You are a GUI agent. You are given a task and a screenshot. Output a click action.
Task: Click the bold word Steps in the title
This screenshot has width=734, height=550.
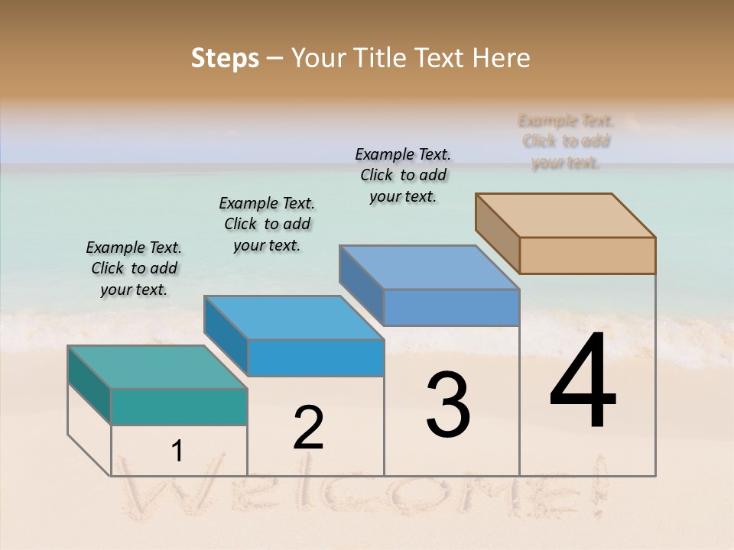coord(225,58)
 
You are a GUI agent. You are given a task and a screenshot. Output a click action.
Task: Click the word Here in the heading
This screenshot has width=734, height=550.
coord(502,58)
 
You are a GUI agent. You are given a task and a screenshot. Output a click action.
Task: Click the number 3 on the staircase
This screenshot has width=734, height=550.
coord(447,405)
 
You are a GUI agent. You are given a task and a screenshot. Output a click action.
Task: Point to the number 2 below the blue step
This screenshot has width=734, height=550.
coord(308,428)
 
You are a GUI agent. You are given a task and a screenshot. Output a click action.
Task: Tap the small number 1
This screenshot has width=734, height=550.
coord(177,451)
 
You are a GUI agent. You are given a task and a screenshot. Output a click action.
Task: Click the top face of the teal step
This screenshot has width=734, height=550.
coord(157,367)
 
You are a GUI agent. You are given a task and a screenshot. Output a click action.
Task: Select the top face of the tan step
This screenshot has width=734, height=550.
coord(566,215)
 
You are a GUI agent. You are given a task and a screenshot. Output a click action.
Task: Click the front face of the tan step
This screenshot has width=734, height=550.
coord(587,255)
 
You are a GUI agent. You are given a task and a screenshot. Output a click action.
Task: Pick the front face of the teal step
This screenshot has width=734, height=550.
coord(179,406)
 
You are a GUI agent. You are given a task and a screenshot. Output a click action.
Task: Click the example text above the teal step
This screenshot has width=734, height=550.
coord(134,268)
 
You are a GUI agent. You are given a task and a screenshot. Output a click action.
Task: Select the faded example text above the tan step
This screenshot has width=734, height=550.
coord(566,141)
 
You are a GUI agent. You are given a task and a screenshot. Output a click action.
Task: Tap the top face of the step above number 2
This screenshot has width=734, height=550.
coord(294,317)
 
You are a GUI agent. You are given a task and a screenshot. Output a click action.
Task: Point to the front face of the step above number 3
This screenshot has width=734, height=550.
coord(451,307)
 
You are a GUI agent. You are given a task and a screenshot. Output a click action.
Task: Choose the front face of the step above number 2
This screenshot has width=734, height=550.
coord(315,357)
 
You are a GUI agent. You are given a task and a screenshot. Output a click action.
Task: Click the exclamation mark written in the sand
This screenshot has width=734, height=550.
coord(599,485)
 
